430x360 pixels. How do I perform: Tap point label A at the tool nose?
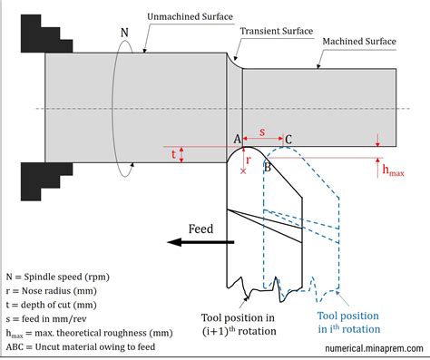238,139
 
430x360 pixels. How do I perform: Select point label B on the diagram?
267,168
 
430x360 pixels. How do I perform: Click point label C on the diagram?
288,139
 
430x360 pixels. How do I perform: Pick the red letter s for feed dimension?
263,132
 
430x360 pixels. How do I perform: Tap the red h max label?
394,170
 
